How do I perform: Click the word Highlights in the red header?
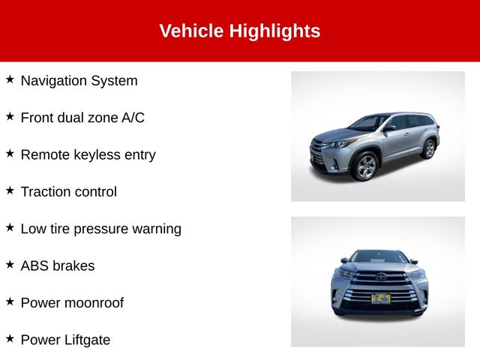[274, 31]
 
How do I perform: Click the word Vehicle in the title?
[191, 31]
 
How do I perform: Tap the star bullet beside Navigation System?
[10, 79]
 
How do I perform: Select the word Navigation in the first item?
[53, 81]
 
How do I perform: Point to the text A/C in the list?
[133, 118]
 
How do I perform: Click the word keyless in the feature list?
[97, 155]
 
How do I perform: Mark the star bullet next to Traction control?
[10, 190]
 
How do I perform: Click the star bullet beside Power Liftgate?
[10, 338]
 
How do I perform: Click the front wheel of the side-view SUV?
[366, 166]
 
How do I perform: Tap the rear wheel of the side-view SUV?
[430, 149]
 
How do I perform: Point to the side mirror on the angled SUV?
[388, 127]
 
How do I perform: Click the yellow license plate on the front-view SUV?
[381, 298]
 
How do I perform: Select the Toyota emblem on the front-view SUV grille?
[381, 277]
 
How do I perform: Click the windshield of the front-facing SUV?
[379, 256]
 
